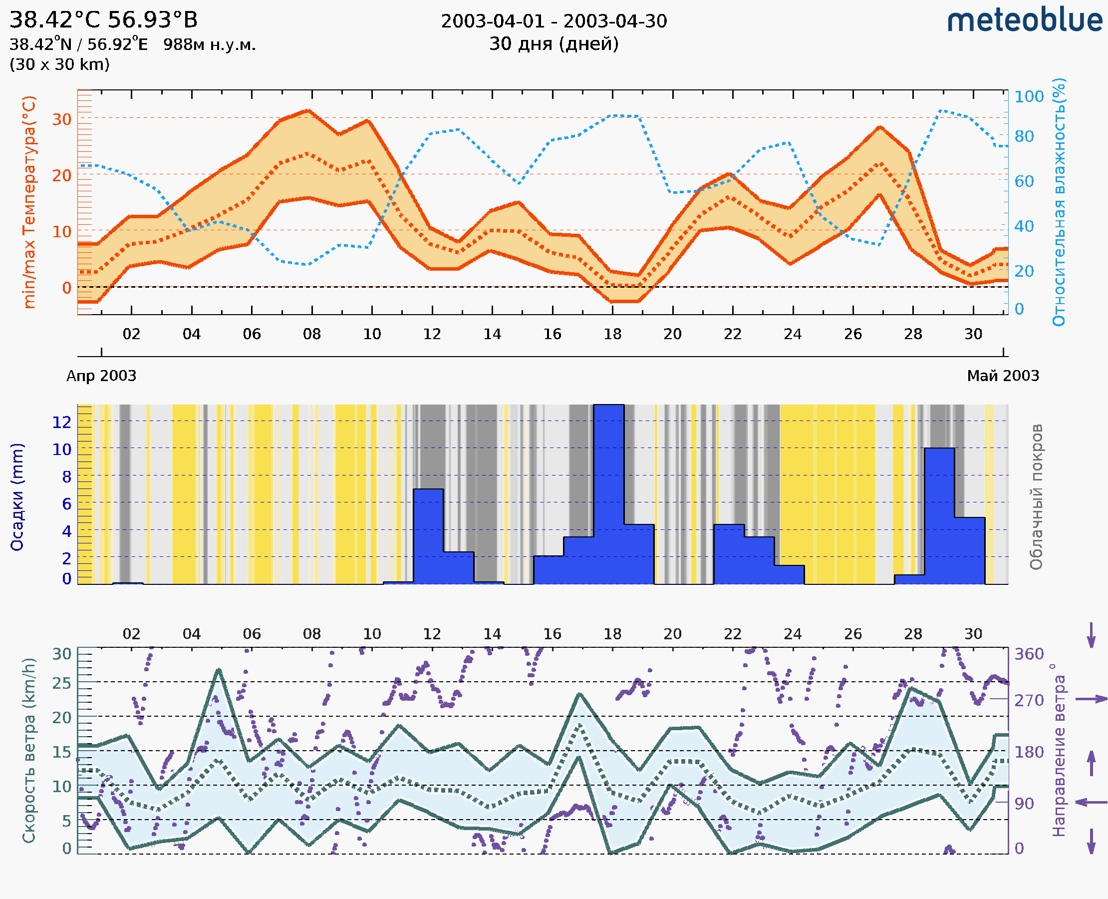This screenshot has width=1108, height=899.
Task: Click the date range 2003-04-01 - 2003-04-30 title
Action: [554, 21]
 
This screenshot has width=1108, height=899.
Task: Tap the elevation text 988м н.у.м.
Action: [210, 44]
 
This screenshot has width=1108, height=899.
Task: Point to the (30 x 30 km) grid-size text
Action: [59, 64]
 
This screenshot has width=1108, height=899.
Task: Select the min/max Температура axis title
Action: [29, 202]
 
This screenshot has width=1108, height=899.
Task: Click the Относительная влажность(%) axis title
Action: [1059, 202]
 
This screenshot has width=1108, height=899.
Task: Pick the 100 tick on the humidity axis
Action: [1029, 96]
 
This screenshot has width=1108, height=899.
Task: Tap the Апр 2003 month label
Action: [101, 376]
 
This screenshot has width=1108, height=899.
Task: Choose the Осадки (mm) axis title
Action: [17, 497]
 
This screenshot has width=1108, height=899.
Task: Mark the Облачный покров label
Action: [1036, 497]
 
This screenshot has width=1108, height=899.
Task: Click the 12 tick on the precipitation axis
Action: [61, 423]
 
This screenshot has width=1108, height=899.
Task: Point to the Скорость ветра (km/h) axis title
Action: [29, 750]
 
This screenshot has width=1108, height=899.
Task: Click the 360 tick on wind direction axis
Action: [1029, 654]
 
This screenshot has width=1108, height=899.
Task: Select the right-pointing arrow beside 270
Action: [1091, 699]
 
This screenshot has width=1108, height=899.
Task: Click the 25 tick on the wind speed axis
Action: [61, 683]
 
